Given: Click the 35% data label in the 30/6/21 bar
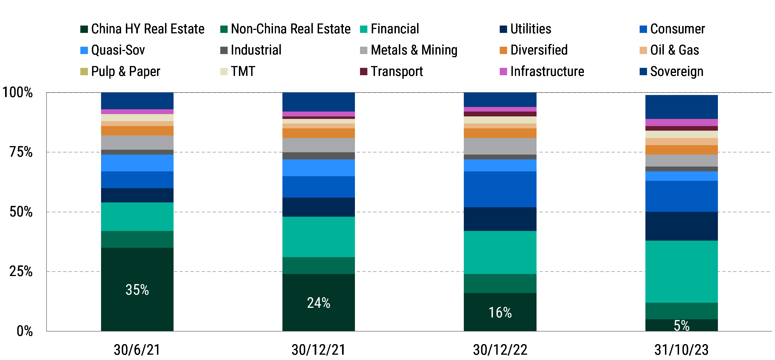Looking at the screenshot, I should pyautogui.click(x=137, y=290).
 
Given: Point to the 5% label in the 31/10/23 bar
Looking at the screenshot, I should pyautogui.click(x=682, y=325).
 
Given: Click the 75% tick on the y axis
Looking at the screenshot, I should pyautogui.click(x=21, y=152).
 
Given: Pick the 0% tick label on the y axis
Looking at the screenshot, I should pyautogui.click(x=24, y=331).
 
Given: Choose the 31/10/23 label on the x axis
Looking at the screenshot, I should pyautogui.click(x=682, y=350).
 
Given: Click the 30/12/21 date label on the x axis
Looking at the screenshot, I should pyautogui.click(x=318, y=350).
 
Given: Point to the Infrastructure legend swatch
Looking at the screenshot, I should pyautogui.click(x=503, y=72).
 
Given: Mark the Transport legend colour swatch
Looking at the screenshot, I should pyautogui.click(x=363, y=72).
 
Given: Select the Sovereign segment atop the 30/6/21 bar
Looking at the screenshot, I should pyautogui.click(x=137, y=101).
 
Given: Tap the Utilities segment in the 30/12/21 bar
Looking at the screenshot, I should pyautogui.click(x=318, y=207).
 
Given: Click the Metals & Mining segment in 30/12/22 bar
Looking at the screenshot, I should pyautogui.click(x=500, y=146).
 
